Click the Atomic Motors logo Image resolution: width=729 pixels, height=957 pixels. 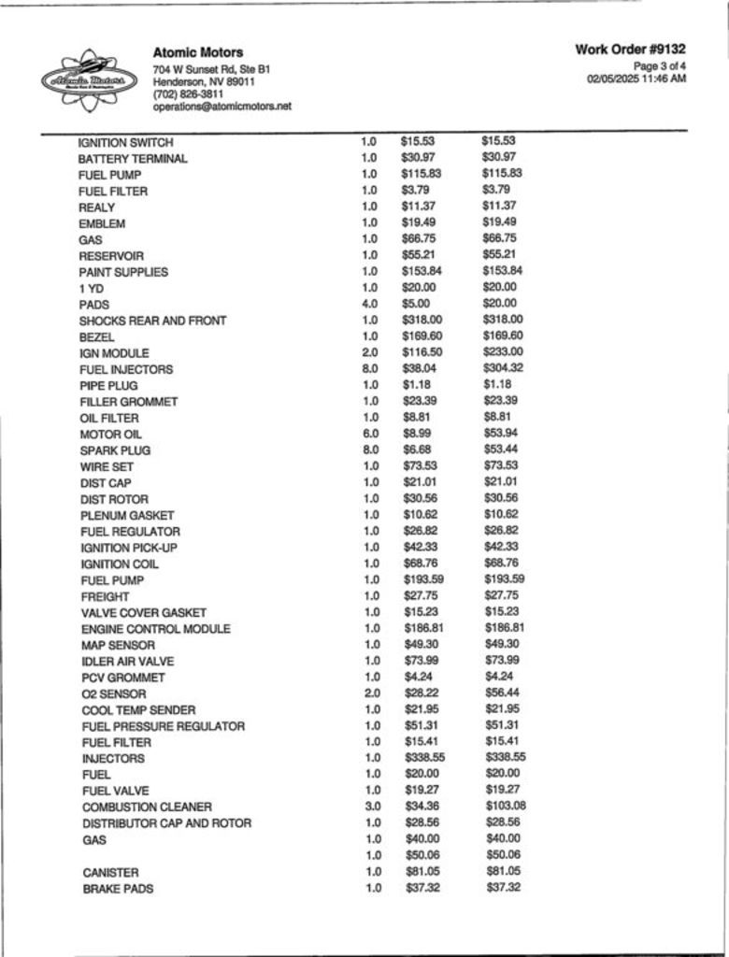[89, 80]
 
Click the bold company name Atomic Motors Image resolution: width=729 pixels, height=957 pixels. [197, 52]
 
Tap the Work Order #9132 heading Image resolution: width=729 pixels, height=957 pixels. [631, 49]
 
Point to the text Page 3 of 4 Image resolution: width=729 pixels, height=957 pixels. [660, 66]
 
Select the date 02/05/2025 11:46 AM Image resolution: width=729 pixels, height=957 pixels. [636, 79]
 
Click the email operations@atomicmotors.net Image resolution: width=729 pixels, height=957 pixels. [222, 107]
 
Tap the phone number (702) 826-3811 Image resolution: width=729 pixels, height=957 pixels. [188, 94]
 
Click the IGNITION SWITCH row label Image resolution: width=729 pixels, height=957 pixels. [125, 142]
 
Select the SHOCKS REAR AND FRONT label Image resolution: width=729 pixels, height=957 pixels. [152, 321]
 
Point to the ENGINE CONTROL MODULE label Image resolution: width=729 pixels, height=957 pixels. [155, 629]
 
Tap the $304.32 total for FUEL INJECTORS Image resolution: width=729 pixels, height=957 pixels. [503, 368]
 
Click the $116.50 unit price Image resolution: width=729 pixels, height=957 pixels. [422, 352]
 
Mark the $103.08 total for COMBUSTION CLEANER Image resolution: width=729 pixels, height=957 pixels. [506, 806]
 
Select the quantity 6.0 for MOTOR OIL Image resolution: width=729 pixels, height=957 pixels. [370, 434]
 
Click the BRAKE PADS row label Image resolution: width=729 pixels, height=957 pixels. [118, 889]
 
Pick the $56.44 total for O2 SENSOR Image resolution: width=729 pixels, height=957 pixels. [503, 693]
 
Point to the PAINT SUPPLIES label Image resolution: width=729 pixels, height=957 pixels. [123, 272]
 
